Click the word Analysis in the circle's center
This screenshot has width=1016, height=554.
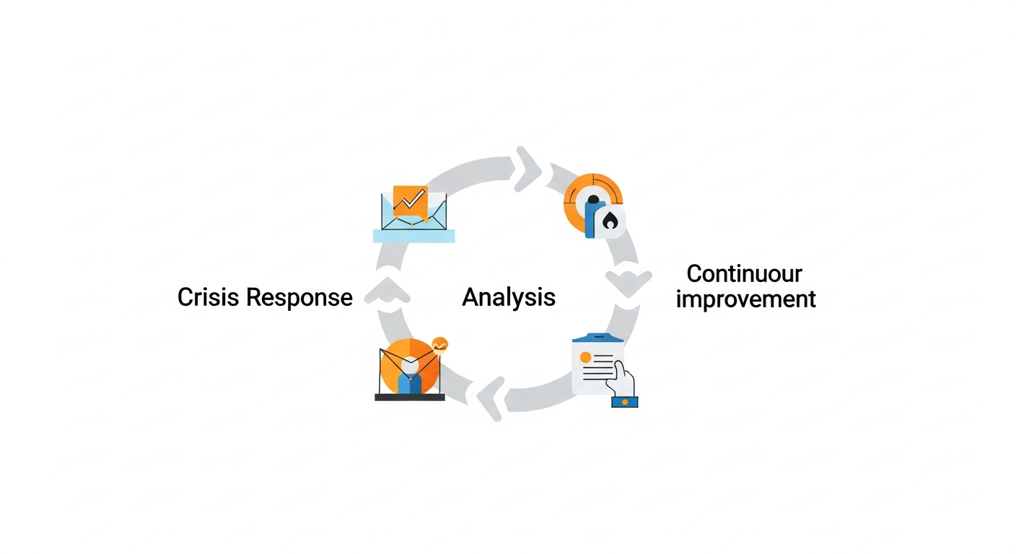pos(509,296)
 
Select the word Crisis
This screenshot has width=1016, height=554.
pos(209,297)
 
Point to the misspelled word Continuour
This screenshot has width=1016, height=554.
pos(744,274)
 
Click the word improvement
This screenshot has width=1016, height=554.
pos(745,299)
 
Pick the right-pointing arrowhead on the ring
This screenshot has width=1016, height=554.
pos(528,170)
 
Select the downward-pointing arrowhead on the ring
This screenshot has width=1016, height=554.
pos(628,282)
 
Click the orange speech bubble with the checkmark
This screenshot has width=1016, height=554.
pos(410,200)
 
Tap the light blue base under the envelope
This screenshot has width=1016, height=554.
pos(414,235)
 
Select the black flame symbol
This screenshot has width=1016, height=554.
pos(610,220)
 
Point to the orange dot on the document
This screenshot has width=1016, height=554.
pos(585,357)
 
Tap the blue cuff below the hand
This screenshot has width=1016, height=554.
pos(625,401)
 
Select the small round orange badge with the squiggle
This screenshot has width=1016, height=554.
pos(439,344)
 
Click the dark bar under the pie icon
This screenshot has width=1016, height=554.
pos(410,397)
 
